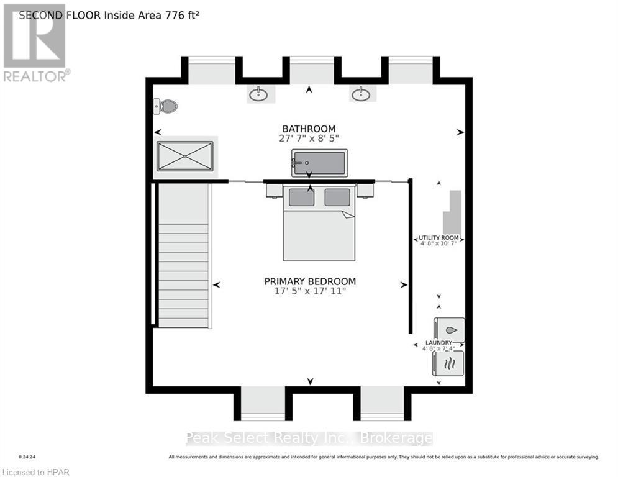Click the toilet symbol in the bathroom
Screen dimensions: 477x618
tap(166, 106)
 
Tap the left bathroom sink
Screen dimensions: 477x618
tap(259, 94)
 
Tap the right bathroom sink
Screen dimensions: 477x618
tap(361, 94)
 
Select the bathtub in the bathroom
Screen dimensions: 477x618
tap(319, 163)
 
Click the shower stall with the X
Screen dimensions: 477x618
tap(185, 155)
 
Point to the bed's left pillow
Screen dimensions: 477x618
tap(301, 198)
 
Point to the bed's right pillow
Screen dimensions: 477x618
tap(337, 198)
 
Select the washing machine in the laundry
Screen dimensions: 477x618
tap(449, 329)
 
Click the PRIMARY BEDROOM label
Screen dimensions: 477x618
tap(310, 281)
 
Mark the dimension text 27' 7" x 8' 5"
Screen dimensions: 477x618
tap(309, 139)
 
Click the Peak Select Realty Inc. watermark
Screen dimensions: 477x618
tap(309, 438)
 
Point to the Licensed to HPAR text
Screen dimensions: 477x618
tap(35, 472)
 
